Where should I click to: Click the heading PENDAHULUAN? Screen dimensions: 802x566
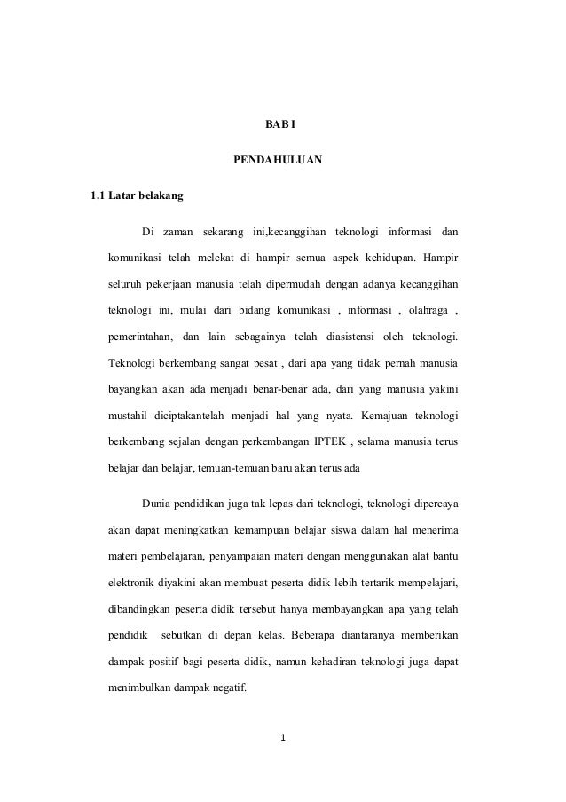coord(277,162)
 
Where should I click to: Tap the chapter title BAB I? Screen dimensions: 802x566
coord(282,122)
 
